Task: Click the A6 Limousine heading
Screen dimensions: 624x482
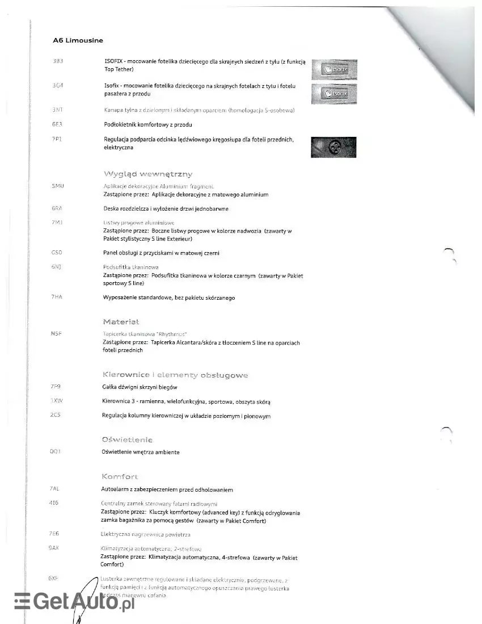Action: click(x=78, y=40)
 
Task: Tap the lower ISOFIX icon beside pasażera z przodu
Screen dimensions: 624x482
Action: click(x=333, y=93)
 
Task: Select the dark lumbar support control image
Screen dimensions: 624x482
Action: click(x=333, y=147)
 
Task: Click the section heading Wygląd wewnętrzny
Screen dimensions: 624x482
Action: click(x=147, y=174)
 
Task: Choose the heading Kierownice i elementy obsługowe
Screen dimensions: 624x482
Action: click(x=175, y=375)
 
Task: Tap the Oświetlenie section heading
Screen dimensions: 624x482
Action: click(x=127, y=439)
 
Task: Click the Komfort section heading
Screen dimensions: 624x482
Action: click(x=120, y=476)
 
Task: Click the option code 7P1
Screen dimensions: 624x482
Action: click(x=56, y=139)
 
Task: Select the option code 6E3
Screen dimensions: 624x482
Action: click(x=56, y=124)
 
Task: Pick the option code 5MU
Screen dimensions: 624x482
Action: click(x=57, y=186)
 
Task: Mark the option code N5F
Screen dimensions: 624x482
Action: click(x=56, y=334)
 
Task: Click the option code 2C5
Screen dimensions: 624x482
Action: click(x=56, y=416)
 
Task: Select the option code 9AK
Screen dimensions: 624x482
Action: click(x=55, y=548)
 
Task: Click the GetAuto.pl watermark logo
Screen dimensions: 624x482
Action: click(x=74, y=602)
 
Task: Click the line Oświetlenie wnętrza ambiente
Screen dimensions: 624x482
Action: click(x=141, y=452)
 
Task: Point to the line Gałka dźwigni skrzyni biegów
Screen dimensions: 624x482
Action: click(x=140, y=387)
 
